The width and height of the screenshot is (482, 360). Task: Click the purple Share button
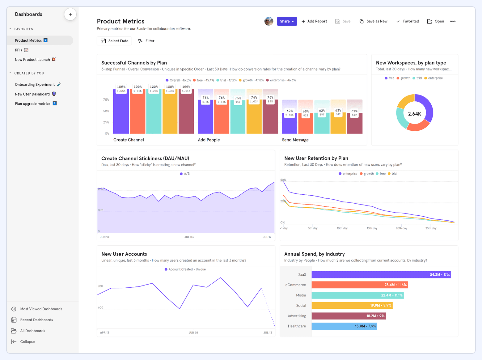point(287,21)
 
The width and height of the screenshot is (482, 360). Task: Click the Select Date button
point(114,41)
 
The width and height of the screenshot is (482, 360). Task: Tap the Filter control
point(146,41)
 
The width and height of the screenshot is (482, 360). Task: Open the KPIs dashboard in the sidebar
point(19,50)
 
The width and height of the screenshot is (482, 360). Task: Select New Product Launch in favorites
point(32,60)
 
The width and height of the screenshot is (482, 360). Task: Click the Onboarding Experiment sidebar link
point(35,84)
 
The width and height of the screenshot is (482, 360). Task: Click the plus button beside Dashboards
point(70,14)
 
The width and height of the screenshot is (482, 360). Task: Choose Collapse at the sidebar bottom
point(27,341)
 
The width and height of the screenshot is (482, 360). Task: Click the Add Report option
point(314,21)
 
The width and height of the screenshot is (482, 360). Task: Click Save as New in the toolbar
point(374,21)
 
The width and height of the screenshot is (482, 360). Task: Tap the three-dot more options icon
point(453,21)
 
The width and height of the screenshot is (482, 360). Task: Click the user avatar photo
point(268,21)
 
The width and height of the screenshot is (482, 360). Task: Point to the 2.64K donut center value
point(414,114)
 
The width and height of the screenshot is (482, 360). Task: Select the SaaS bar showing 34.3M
point(381,274)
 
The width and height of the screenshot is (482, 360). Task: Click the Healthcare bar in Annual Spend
point(344,326)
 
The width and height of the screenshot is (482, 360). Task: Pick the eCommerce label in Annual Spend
point(295,285)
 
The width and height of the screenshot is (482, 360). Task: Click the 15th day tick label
point(372,228)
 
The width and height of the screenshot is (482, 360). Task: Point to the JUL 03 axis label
point(189,237)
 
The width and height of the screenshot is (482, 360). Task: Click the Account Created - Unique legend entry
point(185,269)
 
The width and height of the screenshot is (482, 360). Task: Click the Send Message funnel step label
point(295,140)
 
